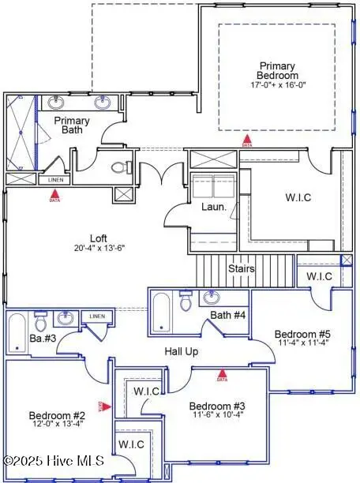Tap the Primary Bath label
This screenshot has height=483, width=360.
click(x=72, y=126)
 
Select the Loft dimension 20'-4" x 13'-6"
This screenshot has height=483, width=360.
click(x=98, y=247)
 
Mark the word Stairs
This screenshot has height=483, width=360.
click(x=242, y=269)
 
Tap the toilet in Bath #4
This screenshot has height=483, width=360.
click(x=186, y=301)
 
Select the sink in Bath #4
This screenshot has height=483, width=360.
click(x=212, y=298)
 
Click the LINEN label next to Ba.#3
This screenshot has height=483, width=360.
click(x=97, y=316)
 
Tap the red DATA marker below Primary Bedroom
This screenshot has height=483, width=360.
click(x=247, y=143)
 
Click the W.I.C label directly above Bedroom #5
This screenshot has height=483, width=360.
click(x=320, y=276)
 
